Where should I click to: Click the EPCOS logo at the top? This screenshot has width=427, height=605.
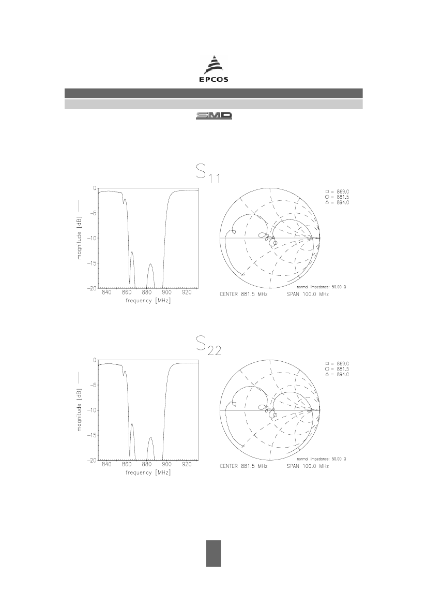(213, 69)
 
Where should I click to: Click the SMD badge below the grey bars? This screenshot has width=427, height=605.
(214, 116)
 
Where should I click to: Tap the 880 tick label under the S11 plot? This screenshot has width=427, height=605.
(146, 293)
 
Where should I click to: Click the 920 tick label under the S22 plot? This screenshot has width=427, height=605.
(187, 465)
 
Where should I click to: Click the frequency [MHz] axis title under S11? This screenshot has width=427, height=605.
(148, 301)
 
